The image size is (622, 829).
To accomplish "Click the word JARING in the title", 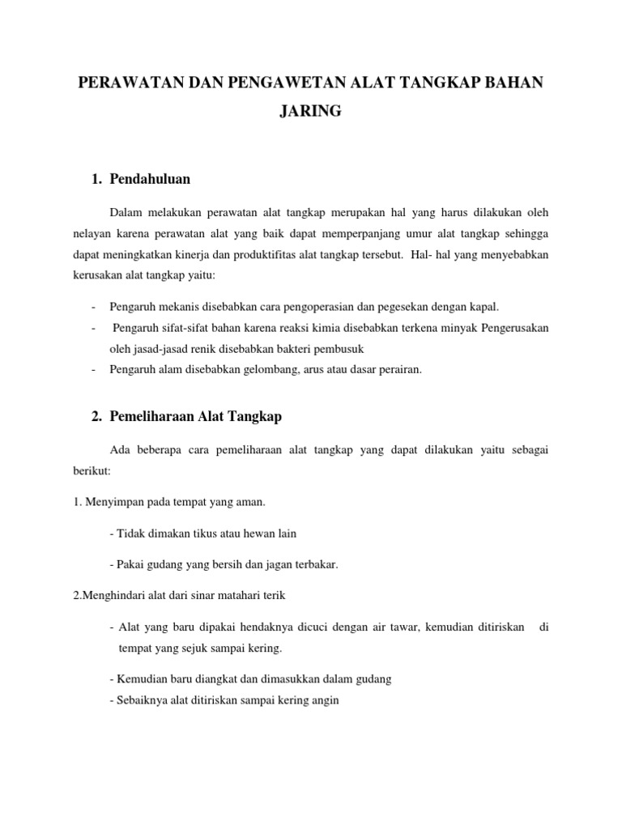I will click(311, 113).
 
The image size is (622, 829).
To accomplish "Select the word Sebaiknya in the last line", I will click(136, 700).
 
